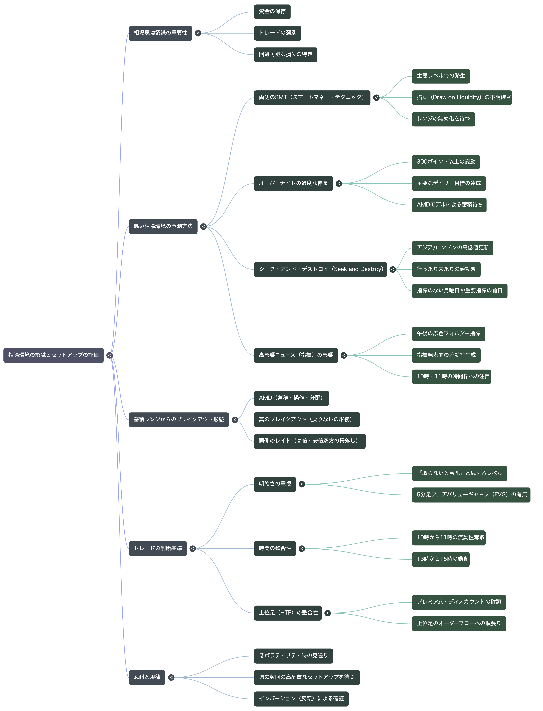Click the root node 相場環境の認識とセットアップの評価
(53, 355)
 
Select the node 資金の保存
(272, 12)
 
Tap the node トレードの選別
(278, 33)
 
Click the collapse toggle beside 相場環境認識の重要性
(198, 33)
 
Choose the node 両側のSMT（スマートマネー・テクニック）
(312, 97)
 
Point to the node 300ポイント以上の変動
(446, 162)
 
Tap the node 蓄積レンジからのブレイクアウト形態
(179, 420)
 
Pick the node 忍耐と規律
(147, 677)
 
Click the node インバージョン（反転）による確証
(301, 699)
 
